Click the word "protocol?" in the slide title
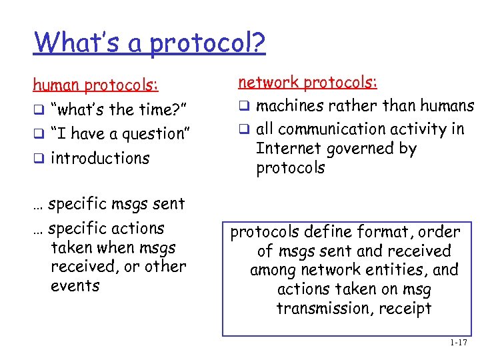pos(208,44)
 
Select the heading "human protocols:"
pos(96,85)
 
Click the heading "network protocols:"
pos(308,82)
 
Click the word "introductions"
pos(100,159)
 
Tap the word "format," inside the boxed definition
pos(379,232)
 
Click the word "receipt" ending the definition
pos(405,309)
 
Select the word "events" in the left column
pos(75,286)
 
